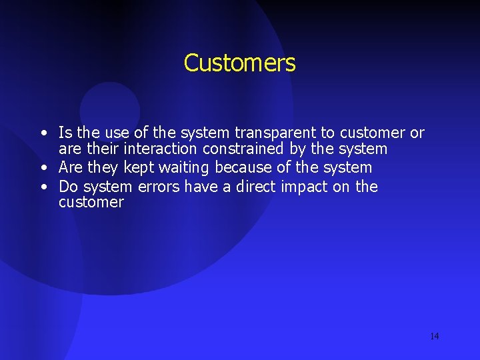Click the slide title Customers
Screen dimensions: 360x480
[x=239, y=63]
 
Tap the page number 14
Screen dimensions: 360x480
[x=434, y=336]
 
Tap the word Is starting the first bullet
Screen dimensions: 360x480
[x=65, y=133]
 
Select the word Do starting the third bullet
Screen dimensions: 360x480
[x=69, y=187]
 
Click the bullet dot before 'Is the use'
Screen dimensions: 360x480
[x=42, y=133]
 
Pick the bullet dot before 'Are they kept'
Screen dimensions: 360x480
[x=42, y=168]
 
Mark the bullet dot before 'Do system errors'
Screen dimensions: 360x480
[x=42, y=187]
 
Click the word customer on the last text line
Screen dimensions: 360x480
[x=91, y=203]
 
